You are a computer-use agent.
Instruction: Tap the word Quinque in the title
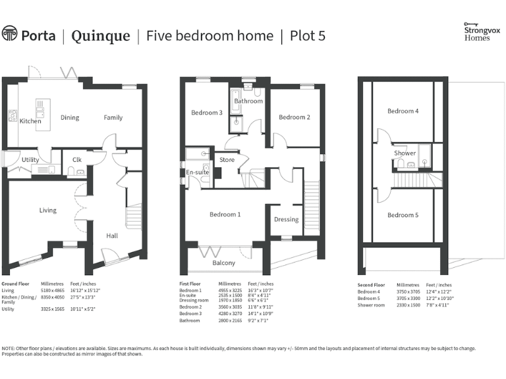click(101, 36)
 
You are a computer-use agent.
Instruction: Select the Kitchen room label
click(30, 121)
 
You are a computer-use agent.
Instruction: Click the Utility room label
click(30, 160)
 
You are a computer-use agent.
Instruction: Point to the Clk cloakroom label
click(76, 159)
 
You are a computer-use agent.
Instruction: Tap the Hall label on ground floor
click(112, 235)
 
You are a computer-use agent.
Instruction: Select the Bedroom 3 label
click(207, 113)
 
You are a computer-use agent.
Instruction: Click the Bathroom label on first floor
click(248, 101)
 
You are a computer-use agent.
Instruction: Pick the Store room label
click(227, 159)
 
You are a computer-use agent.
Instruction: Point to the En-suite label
click(198, 172)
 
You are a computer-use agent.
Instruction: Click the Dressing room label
click(286, 219)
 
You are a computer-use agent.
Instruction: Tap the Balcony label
click(223, 263)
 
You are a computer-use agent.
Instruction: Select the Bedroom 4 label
click(403, 111)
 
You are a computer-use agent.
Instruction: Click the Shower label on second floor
click(405, 153)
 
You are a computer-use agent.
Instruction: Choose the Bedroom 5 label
click(403, 215)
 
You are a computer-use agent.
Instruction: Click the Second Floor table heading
click(371, 286)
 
